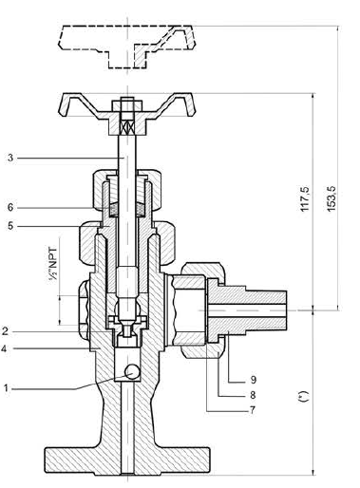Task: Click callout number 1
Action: tap(6, 387)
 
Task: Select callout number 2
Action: tap(5, 331)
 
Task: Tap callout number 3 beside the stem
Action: tap(10, 158)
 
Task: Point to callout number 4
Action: tap(4, 348)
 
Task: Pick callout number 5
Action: tap(10, 226)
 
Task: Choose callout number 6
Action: tap(10, 207)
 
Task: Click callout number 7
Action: tap(253, 410)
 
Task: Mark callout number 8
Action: tap(253, 395)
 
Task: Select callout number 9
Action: tap(253, 380)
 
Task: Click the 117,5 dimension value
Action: tap(304, 199)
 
